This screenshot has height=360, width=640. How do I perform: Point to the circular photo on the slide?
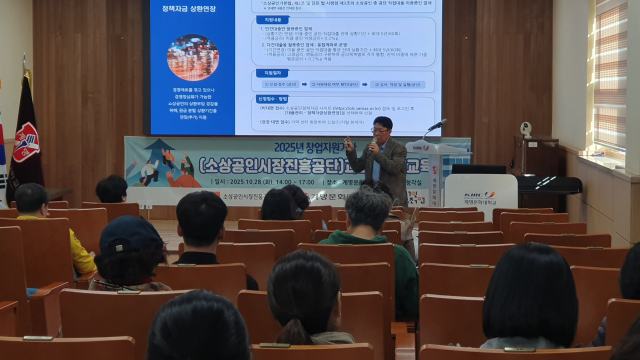pyautogui.click(x=192, y=57)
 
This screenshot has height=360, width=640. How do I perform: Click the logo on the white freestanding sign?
pyautogui.click(x=480, y=193)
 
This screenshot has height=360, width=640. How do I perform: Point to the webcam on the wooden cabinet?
pyautogui.click(x=525, y=130)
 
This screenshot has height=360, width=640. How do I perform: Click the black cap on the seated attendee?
pyautogui.click(x=130, y=234)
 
